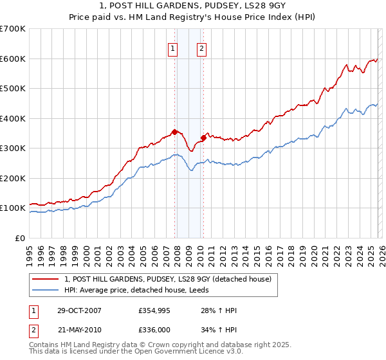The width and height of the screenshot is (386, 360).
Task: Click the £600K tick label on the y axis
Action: pyautogui.click(x=12, y=59)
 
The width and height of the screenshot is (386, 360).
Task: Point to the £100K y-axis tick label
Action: pyautogui.click(x=12, y=208)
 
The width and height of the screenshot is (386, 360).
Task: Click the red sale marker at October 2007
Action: pyautogui.click(x=174, y=132)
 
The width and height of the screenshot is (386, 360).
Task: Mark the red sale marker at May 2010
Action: pyautogui.click(x=203, y=137)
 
